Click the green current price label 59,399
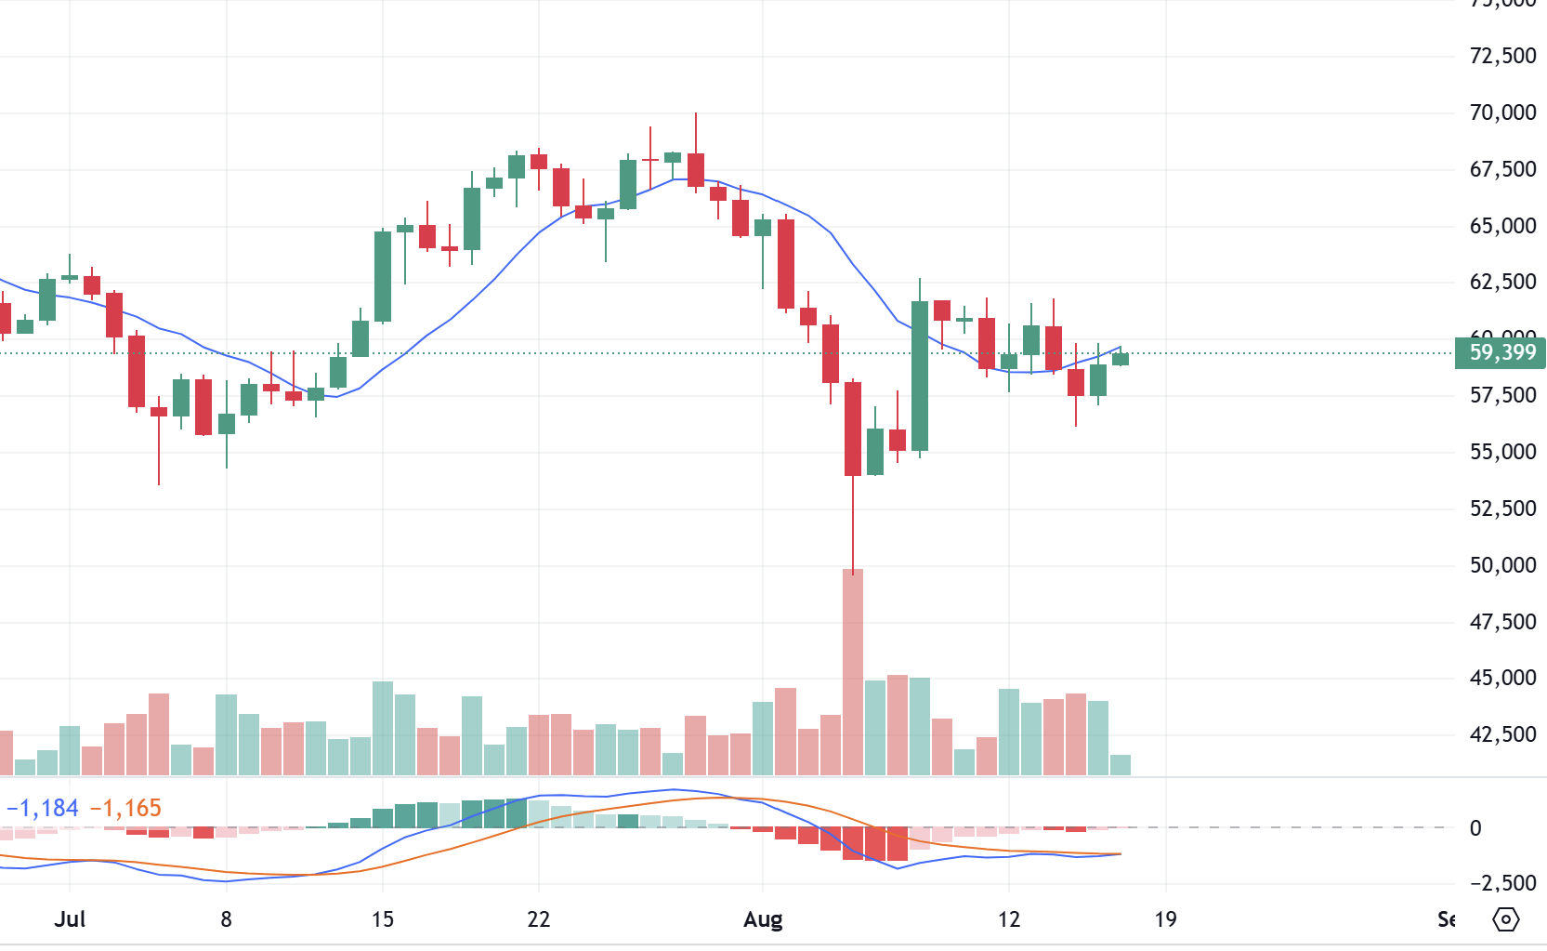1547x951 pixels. [1501, 353]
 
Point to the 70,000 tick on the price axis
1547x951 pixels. [1502, 112]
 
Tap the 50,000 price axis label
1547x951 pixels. [1502, 565]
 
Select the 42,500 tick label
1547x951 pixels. [1502, 734]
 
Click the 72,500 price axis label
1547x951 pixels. [1502, 56]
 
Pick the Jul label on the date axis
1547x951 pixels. [70, 919]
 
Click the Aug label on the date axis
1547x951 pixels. [763, 919]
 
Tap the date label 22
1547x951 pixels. [539, 919]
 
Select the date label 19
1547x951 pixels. [1165, 919]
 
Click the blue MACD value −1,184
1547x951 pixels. [43, 809]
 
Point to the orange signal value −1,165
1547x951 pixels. [125, 809]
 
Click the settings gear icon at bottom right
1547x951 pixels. [1505, 919]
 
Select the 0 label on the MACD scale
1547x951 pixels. [1475, 828]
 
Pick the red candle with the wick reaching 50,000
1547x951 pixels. [853, 429]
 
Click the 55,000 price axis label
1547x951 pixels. [1502, 452]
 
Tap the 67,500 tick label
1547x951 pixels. [1502, 169]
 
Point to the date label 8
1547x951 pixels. [226, 919]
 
